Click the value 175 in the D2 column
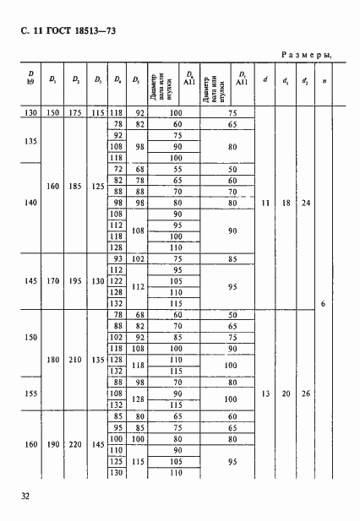76,112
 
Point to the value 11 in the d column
266,204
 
